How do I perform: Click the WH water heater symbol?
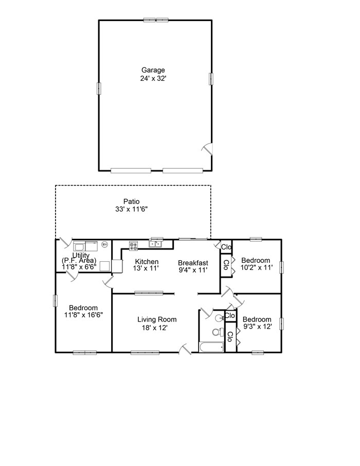pyautogui.click(x=104, y=244)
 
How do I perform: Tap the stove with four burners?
pyautogui.click(x=134, y=245)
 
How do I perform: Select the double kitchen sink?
pyautogui.click(x=155, y=244)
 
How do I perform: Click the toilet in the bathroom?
pyautogui.click(x=218, y=332)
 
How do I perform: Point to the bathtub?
pyautogui.click(x=212, y=347)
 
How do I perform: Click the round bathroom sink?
pyautogui.click(x=220, y=318)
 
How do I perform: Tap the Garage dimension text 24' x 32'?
pyautogui.click(x=153, y=79)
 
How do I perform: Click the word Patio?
pyautogui.click(x=131, y=202)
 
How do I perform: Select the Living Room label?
pyautogui.click(x=157, y=319)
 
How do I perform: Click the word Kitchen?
pyautogui.click(x=147, y=261)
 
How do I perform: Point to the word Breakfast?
pyautogui.click(x=193, y=263)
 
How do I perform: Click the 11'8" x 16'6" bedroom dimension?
pyautogui.click(x=83, y=315)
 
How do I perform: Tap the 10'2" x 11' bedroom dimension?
pyautogui.click(x=257, y=267)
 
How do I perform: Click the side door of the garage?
pyautogui.click(x=208, y=149)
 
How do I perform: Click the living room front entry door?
pyautogui.click(x=185, y=349)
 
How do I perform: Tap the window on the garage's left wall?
pyautogui.click(x=99, y=88)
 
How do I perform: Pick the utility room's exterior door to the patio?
pyautogui.click(x=65, y=242)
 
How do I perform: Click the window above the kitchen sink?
pyautogui.click(x=157, y=238)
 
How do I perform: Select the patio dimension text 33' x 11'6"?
pyautogui.click(x=131, y=209)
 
